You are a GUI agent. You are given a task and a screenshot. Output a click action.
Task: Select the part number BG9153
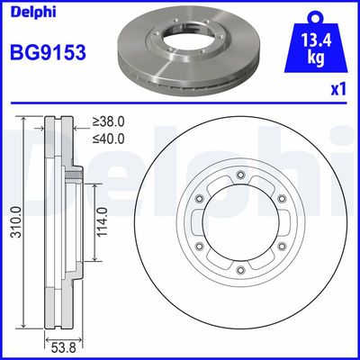tap(47, 52)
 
